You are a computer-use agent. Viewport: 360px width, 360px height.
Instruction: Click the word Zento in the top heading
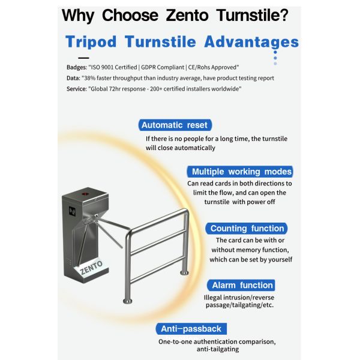coord(187,15)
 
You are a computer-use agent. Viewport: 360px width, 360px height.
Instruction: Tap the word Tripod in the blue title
coord(91,42)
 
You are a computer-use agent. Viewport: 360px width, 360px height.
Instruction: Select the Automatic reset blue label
coord(175,125)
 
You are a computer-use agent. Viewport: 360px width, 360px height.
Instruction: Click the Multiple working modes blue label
coord(240,172)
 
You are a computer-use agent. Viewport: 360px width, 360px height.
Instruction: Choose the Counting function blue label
coord(247,229)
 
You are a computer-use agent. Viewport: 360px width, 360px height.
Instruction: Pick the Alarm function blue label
coord(241,285)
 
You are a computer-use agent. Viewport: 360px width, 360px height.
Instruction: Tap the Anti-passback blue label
coord(191,329)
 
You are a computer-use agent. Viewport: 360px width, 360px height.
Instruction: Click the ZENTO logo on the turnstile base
coord(91,268)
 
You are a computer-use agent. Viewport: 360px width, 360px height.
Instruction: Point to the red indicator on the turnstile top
coord(85,194)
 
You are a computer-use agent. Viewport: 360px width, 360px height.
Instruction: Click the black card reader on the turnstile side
coord(73,211)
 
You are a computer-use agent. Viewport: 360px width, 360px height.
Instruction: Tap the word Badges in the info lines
coord(76,67)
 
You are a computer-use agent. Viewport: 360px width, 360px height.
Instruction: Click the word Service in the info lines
coord(76,89)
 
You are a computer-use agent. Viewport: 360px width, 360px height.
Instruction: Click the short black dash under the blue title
coord(83,58)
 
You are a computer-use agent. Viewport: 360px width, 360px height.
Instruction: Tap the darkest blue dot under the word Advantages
coord(275,52)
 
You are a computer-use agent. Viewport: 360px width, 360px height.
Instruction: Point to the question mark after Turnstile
coord(284,15)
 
